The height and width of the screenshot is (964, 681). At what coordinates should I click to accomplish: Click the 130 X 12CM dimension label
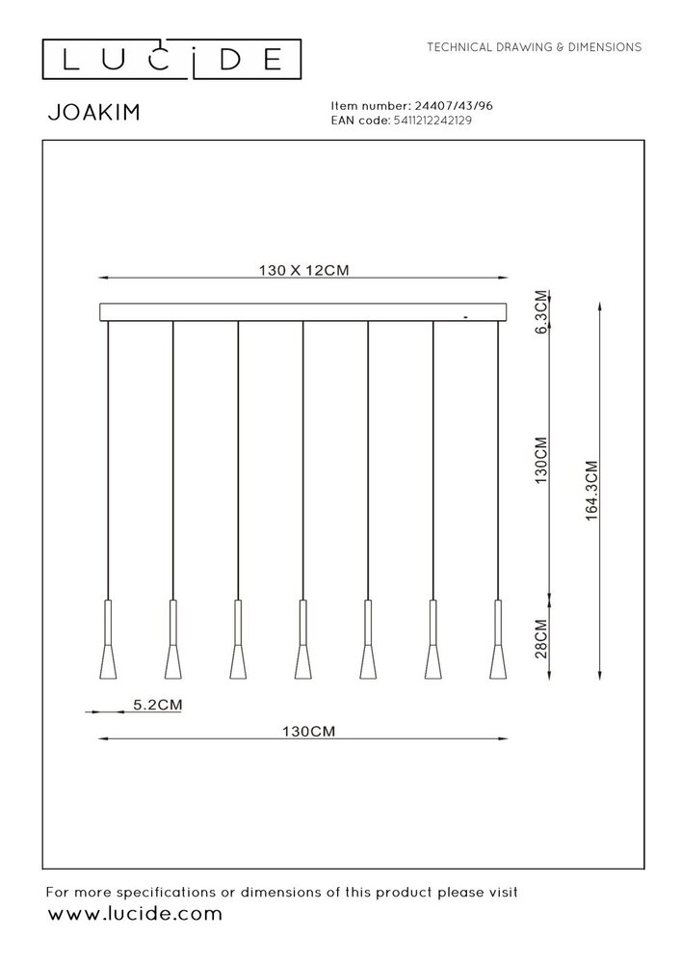click(303, 271)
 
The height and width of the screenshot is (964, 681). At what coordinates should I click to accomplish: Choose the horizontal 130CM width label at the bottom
click(303, 732)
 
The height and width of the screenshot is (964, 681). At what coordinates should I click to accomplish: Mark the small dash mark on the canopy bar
click(465, 316)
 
